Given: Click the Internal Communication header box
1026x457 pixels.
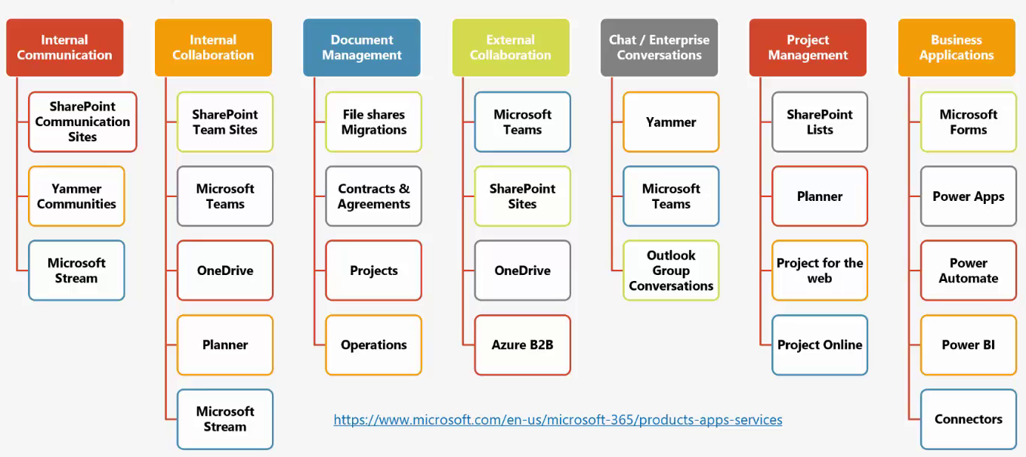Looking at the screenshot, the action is [x=64, y=48].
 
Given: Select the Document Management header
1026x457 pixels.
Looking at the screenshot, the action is [x=362, y=48].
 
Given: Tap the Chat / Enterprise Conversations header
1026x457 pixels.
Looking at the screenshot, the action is [x=659, y=48].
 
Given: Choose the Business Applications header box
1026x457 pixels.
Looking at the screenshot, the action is [x=956, y=48].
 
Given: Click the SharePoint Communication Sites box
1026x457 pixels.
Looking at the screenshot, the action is [x=82, y=122].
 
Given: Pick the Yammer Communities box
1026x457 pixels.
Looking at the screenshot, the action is [x=76, y=196].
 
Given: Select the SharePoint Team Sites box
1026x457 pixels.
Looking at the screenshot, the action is [x=225, y=122].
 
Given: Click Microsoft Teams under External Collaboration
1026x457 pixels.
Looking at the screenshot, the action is [x=523, y=122].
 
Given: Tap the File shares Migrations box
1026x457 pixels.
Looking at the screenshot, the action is [x=374, y=122].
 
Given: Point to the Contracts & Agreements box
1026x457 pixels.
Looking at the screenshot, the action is [x=374, y=196].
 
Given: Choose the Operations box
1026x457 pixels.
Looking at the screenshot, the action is [x=374, y=344].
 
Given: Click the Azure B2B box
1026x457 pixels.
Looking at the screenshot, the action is [x=523, y=344].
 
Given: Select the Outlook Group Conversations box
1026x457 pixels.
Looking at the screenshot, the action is [x=671, y=270].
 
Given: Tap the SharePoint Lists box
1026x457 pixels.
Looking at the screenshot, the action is [x=820, y=122].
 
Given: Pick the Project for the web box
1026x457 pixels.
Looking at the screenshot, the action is [x=820, y=270].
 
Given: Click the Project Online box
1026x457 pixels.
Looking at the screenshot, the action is [x=820, y=344].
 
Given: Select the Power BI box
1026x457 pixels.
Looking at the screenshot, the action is [x=969, y=344].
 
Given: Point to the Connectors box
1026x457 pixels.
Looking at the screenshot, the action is [x=969, y=419].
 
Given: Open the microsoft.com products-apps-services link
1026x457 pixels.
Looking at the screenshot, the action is [x=558, y=419].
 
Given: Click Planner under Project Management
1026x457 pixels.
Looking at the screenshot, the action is [x=820, y=196].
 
